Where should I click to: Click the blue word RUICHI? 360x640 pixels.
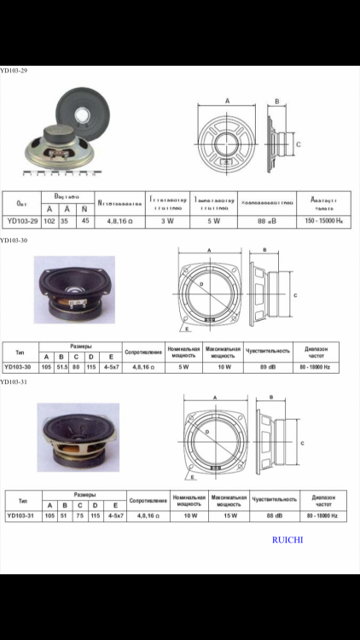pos(288,539)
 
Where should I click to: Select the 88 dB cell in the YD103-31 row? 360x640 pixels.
pos(274,515)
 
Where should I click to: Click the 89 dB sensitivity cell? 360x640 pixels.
pos(269,366)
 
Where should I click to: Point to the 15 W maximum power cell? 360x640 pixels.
pos(225,515)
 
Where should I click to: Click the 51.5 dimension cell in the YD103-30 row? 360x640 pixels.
pos(61,366)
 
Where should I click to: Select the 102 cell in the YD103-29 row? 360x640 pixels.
pos(49,221)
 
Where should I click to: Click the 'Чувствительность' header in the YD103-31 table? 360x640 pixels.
pos(274,498)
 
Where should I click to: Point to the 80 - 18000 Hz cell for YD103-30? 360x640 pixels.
pos(316,366)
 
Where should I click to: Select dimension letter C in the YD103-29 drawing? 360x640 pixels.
pos(298,144)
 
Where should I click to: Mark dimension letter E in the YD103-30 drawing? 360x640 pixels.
pos(187,328)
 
